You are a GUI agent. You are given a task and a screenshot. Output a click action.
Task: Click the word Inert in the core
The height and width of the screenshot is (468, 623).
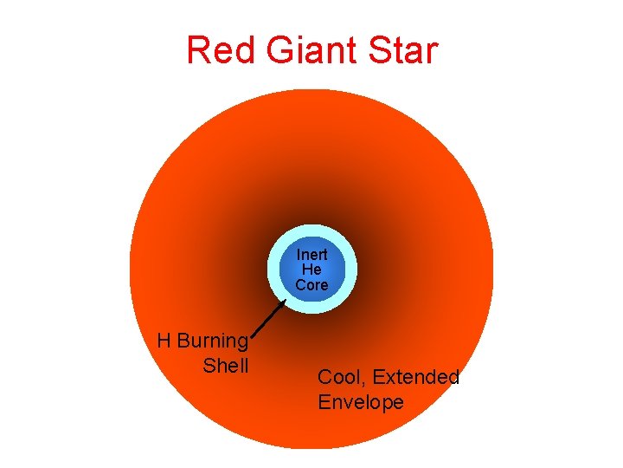point(311,256)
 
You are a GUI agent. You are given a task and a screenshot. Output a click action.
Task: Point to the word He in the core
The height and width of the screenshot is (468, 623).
point(311,270)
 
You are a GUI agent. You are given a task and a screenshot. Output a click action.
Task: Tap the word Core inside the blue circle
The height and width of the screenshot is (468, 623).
point(311,284)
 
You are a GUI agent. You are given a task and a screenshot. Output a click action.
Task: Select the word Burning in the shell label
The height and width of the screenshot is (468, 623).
point(212,341)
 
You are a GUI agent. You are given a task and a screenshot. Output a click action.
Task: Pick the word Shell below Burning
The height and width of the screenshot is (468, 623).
point(225,366)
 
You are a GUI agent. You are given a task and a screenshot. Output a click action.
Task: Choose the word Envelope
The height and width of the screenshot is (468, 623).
point(361,402)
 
